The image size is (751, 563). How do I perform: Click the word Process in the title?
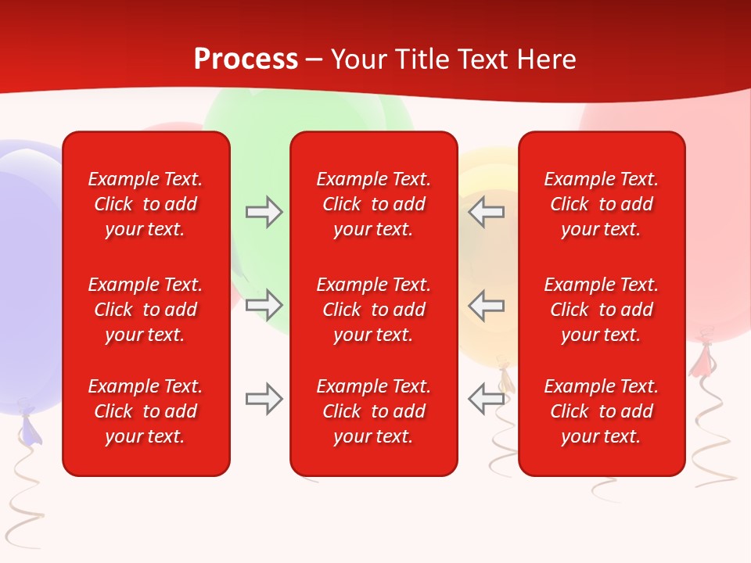(246, 59)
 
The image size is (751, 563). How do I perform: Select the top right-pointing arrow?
(264, 212)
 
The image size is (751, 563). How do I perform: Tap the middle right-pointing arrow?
(264, 305)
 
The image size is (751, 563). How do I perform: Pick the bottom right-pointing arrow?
(264, 399)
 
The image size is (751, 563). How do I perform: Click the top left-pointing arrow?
(486, 212)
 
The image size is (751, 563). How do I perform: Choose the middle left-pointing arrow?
(486, 305)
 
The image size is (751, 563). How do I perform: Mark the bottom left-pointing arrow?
(486, 399)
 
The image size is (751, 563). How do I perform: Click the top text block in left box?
(146, 204)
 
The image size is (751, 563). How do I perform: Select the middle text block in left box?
(146, 310)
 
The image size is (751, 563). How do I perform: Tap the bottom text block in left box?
(146, 411)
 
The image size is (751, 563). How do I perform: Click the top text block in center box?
(373, 204)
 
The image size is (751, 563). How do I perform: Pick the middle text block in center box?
(373, 310)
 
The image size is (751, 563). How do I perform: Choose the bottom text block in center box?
(373, 411)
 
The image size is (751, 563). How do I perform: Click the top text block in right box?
(601, 204)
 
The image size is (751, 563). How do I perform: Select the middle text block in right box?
(601, 310)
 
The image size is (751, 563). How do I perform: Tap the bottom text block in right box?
(601, 411)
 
